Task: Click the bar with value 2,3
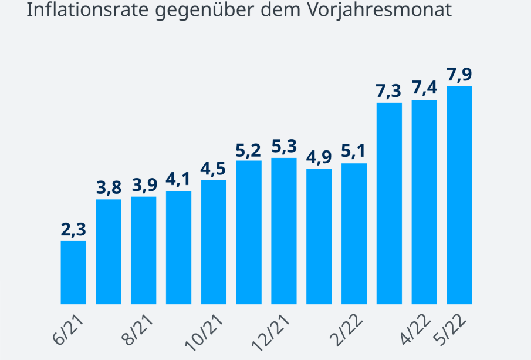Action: (x=73, y=272)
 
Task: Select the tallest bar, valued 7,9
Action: (x=459, y=195)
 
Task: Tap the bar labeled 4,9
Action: (x=319, y=236)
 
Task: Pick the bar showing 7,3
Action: (x=389, y=203)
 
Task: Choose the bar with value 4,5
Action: (x=214, y=242)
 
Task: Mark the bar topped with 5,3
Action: (x=284, y=231)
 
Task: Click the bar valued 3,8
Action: (x=109, y=251)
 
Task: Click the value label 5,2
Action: (x=249, y=149)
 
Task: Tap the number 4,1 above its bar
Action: (x=179, y=179)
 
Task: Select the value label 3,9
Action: (x=144, y=185)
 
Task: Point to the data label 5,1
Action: (x=354, y=152)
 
